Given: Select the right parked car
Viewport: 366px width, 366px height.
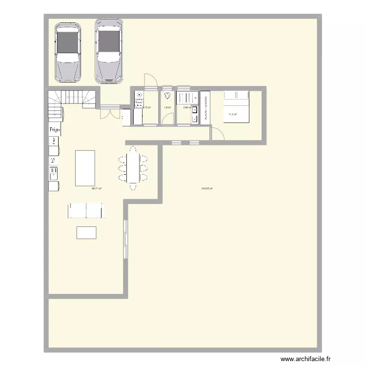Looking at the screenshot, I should click(x=109, y=51).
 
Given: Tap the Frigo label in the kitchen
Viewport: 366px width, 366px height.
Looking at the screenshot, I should click(x=54, y=129).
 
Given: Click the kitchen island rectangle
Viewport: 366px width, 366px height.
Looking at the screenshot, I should click(x=85, y=168).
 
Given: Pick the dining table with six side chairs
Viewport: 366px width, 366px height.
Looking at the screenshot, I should click(x=133, y=167).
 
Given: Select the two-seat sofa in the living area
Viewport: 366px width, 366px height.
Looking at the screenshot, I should click(x=86, y=211).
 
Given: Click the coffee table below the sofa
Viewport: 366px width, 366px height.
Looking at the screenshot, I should click(x=86, y=232).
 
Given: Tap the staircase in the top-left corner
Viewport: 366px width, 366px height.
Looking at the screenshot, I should click(x=72, y=102).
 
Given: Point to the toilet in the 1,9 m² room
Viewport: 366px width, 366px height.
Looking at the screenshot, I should click(x=167, y=96).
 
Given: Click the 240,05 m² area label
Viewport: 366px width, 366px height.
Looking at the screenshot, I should click(x=207, y=189).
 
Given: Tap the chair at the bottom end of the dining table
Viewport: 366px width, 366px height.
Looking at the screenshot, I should click(x=133, y=187).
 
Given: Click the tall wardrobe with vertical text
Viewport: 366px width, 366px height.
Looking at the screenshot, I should click(x=205, y=107).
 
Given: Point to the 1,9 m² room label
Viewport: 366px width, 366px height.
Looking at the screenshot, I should click(x=167, y=107).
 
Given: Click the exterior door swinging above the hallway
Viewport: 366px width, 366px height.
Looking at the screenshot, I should click(x=149, y=81).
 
